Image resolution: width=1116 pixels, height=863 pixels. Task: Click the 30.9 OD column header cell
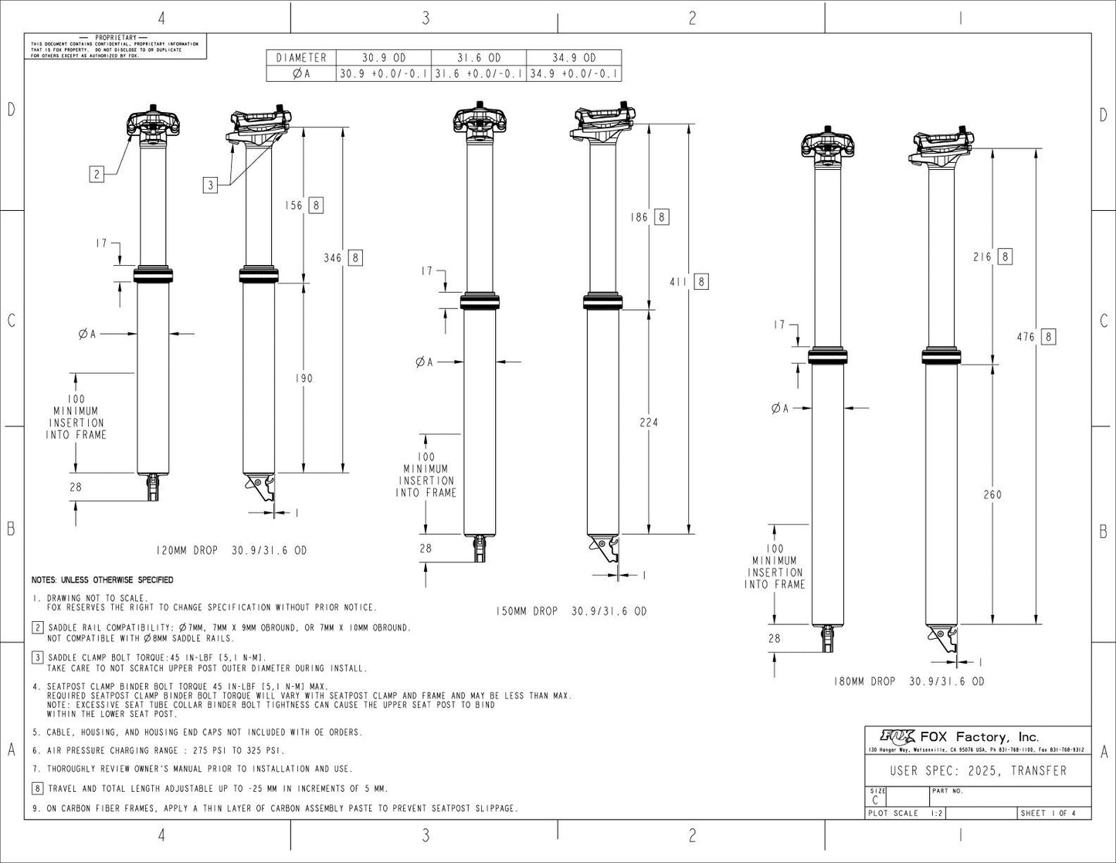[x=384, y=58]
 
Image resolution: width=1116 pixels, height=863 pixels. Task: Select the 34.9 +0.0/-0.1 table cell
[x=573, y=74]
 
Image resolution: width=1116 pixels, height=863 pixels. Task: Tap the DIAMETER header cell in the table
[x=301, y=58]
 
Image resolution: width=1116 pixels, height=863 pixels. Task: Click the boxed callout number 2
[x=97, y=174]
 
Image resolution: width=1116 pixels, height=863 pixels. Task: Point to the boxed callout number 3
[x=211, y=185]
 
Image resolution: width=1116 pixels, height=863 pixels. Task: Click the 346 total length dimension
[x=333, y=257]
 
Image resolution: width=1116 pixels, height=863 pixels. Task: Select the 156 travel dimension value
[x=294, y=206]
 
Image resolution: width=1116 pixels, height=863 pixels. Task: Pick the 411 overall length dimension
[x=679, y=282]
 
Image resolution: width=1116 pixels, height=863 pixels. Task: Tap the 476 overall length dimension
[x=1026, y=337]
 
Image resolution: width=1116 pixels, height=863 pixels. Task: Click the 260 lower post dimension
[x=992, y=494]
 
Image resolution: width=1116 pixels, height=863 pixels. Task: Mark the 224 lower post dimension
[x=649, y=423]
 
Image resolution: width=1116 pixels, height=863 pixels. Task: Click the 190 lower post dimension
[x=305, y=379]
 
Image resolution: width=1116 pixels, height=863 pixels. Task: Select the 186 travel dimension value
[x=639, y=217]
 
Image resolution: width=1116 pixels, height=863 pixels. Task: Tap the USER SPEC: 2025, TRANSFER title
[x=978, y=771]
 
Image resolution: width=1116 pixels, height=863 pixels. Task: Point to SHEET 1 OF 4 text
[x=1048, y=813]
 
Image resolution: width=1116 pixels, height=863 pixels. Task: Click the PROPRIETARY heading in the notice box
[x=115, y=38]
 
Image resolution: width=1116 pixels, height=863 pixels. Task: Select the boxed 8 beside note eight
[x=37, y=789]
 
